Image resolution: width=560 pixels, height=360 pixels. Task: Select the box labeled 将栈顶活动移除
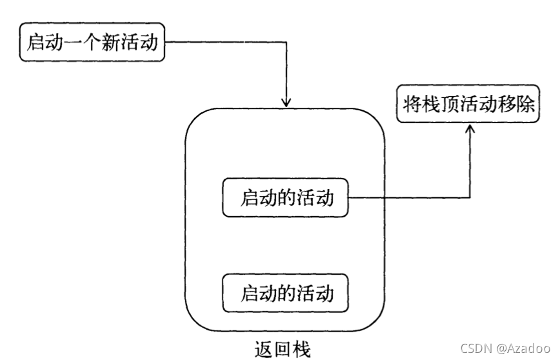[x=469, y=106]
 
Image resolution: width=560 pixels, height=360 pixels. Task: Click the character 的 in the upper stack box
[x=287, y=198]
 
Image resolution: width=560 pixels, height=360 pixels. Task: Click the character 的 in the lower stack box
[x=287, y=294]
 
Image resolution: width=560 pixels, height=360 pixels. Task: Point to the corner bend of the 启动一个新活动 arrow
[x=286, y=43]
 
